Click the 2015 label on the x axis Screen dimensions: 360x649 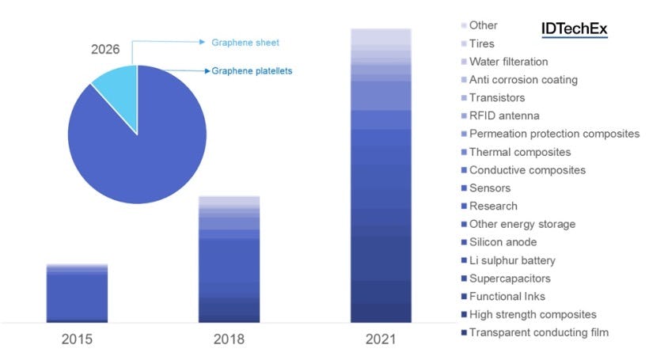77,339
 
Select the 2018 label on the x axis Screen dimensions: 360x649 229,339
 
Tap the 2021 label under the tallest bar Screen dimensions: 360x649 381,339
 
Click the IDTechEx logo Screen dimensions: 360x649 574,28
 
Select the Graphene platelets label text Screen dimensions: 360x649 252,71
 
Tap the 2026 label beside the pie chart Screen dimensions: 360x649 104,49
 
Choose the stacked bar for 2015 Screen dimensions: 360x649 77,294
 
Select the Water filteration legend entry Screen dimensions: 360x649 508,62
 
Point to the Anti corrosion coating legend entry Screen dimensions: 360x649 523,80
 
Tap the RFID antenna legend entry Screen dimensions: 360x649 504,116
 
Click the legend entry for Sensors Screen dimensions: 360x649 489,188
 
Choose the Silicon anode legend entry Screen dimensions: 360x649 503,242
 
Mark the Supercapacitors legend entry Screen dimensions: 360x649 510,279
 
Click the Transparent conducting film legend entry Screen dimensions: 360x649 538,332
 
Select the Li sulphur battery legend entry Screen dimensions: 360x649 512,260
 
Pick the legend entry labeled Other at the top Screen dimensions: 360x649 483,25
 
